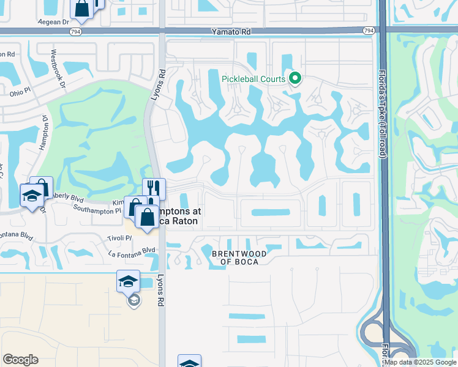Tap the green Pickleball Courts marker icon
pyautogui.click(x=295, y=78)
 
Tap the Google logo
pyautogui.click(x=20, y=360)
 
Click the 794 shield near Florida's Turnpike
pyautogui.click(x=369, y=31)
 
